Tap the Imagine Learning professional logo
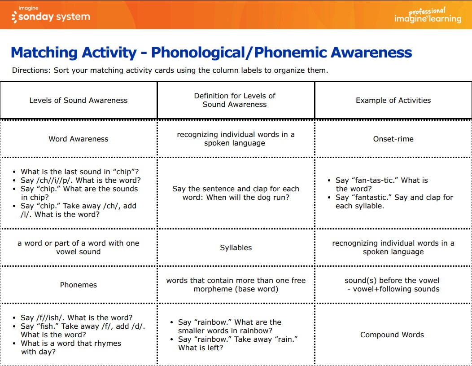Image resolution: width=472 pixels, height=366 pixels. click(428, 15)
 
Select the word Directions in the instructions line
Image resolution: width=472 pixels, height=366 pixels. click(30, 70)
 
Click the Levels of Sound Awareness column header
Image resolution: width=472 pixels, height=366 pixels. click(79, 100)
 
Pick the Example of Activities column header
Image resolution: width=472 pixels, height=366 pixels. click(393, 100)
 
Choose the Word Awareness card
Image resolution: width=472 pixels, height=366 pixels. click(79, 139)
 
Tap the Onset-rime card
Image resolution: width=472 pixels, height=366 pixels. click(393, 139)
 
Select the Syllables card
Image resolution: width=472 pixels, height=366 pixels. click(236, 247)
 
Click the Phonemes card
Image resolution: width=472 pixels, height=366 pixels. click(79, 285)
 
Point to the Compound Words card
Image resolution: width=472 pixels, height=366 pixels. click(392, 335)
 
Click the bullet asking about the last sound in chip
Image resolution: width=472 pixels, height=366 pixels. click(76, 172)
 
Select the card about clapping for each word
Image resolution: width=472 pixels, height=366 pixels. click(236, 193)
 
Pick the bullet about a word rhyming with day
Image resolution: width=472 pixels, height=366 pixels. click(67, 348)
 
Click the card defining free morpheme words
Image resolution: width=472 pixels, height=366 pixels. click(236, 285)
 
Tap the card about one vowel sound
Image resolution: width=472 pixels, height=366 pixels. click(78, 247)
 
